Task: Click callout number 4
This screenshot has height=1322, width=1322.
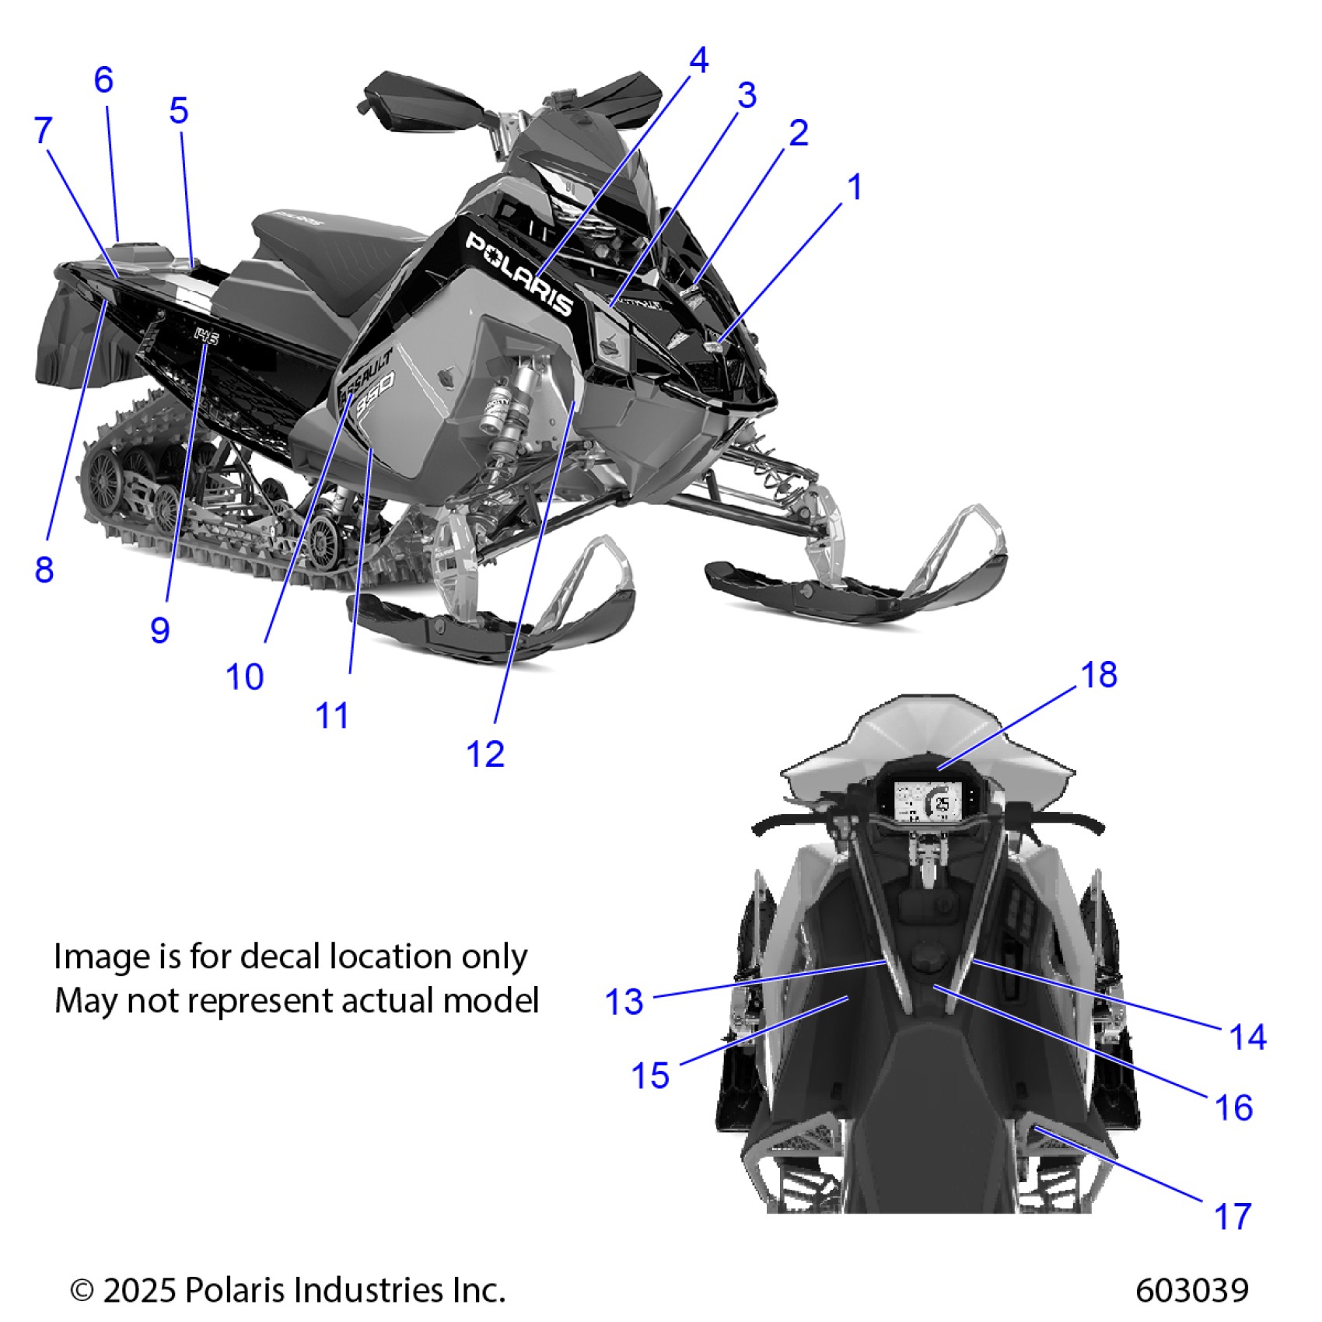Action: [x=699, y=61]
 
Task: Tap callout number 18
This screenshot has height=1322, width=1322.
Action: [x=1099, y=675]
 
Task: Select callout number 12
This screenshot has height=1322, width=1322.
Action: [x=485, y=754]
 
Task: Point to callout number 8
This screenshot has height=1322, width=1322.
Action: [x=44, y=570]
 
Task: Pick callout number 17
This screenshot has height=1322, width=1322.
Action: [x=1233, y=1216]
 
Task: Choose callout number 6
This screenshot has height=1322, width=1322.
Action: [x=103, y=80]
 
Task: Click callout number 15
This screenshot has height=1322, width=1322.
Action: [x=650, y=1076]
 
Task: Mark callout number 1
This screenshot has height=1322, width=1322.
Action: [x=855, y=187]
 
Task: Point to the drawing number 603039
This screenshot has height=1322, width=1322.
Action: [x=1191, y=1290]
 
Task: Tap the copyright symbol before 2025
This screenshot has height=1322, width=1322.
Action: [x=82, y=1291]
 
